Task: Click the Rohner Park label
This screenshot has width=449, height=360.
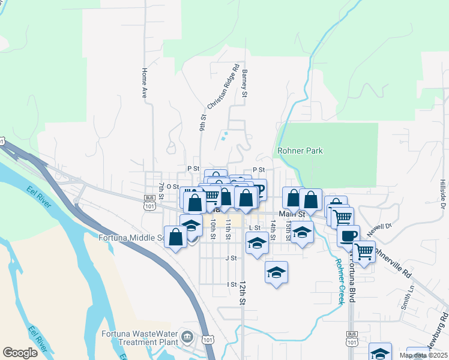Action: coord(300,151)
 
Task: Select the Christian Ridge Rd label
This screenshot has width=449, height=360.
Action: coord(223,87)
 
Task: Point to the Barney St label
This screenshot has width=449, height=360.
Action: coord(244,83)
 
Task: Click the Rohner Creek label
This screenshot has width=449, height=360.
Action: coord(340,281)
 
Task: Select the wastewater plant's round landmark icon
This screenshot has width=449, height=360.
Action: coord(187,336)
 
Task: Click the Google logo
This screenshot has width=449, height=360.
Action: coord(20,352)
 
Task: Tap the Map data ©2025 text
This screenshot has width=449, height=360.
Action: coord(423,355)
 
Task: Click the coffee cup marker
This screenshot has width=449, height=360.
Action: coord(348,235)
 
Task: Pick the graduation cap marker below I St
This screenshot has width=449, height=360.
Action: coord(276,272)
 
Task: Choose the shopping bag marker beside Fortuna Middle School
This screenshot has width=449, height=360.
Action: coord(175,237)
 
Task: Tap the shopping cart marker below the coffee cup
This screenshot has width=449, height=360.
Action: coord(364,252)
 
